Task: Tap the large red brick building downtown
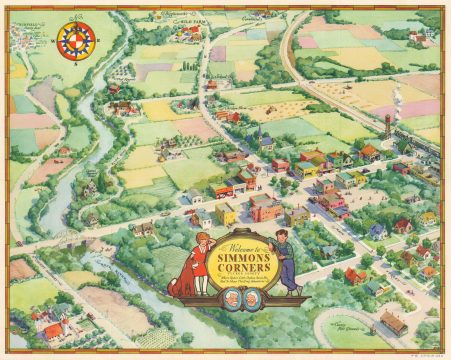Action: tap(264, 208)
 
